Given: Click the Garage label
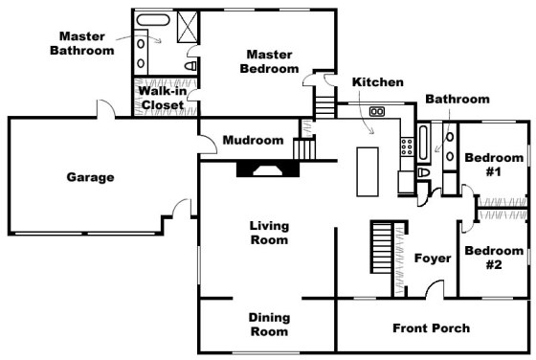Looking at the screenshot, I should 90,177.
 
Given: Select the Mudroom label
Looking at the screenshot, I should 253,141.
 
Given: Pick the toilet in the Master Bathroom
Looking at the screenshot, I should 192,65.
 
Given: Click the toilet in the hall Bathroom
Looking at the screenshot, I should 423,172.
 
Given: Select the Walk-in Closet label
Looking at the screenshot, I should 163,98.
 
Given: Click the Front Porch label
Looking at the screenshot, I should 431,328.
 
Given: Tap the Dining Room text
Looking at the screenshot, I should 268,325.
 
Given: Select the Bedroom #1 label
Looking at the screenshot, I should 494,165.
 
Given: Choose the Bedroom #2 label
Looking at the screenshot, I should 493,258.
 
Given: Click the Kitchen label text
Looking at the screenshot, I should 377,82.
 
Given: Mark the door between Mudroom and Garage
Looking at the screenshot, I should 205,143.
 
